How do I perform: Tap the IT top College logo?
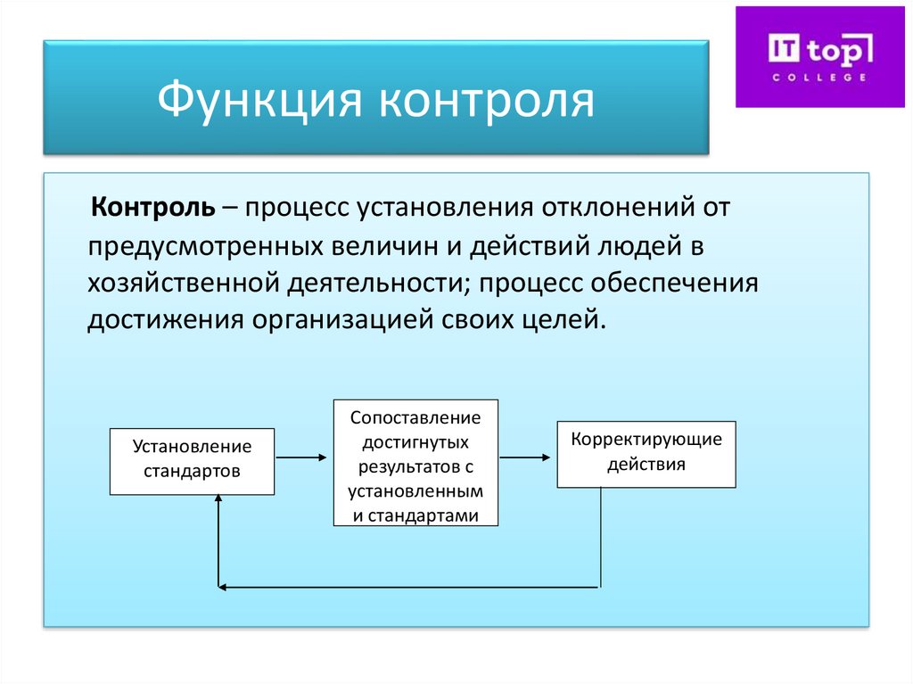point(818,57)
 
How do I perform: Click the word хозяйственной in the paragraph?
point(184,283)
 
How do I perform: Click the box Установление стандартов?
point(192,459)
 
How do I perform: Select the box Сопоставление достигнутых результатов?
point(415,462)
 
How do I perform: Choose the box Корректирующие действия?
point(646,454)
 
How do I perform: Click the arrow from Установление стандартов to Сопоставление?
point(303,458)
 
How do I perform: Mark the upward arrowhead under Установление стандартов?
point(218,500)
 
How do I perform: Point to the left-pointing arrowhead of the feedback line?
point(224,587)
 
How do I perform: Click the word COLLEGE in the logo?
point(818,77)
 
